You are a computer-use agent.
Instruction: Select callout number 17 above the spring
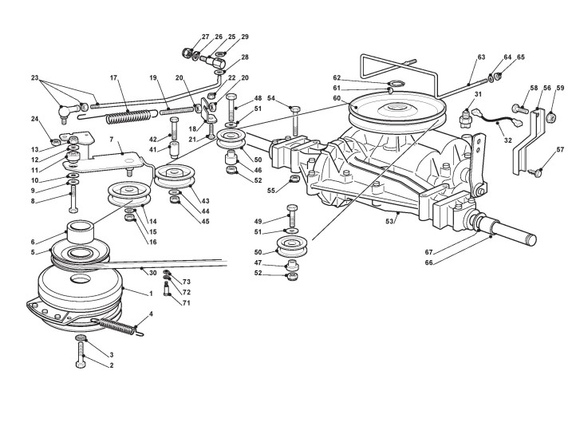(113, 78)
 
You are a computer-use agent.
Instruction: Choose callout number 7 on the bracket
(112, 140)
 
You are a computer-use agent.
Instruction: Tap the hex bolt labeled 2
(81, 356)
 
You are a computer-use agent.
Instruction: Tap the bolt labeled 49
(290, 217)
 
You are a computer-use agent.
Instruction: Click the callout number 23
(34, 77)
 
